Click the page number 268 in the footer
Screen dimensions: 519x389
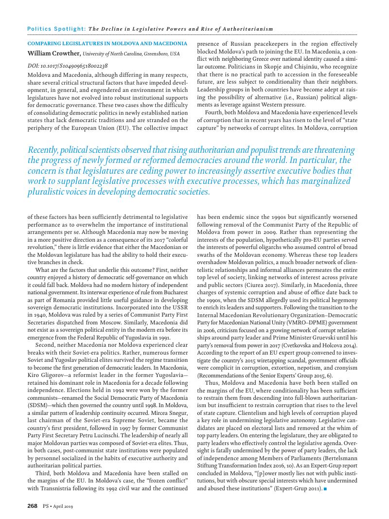(x=33, y=506)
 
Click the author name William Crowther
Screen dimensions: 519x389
(x=53, y=53)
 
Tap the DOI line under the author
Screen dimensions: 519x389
(x=68, y=65)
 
